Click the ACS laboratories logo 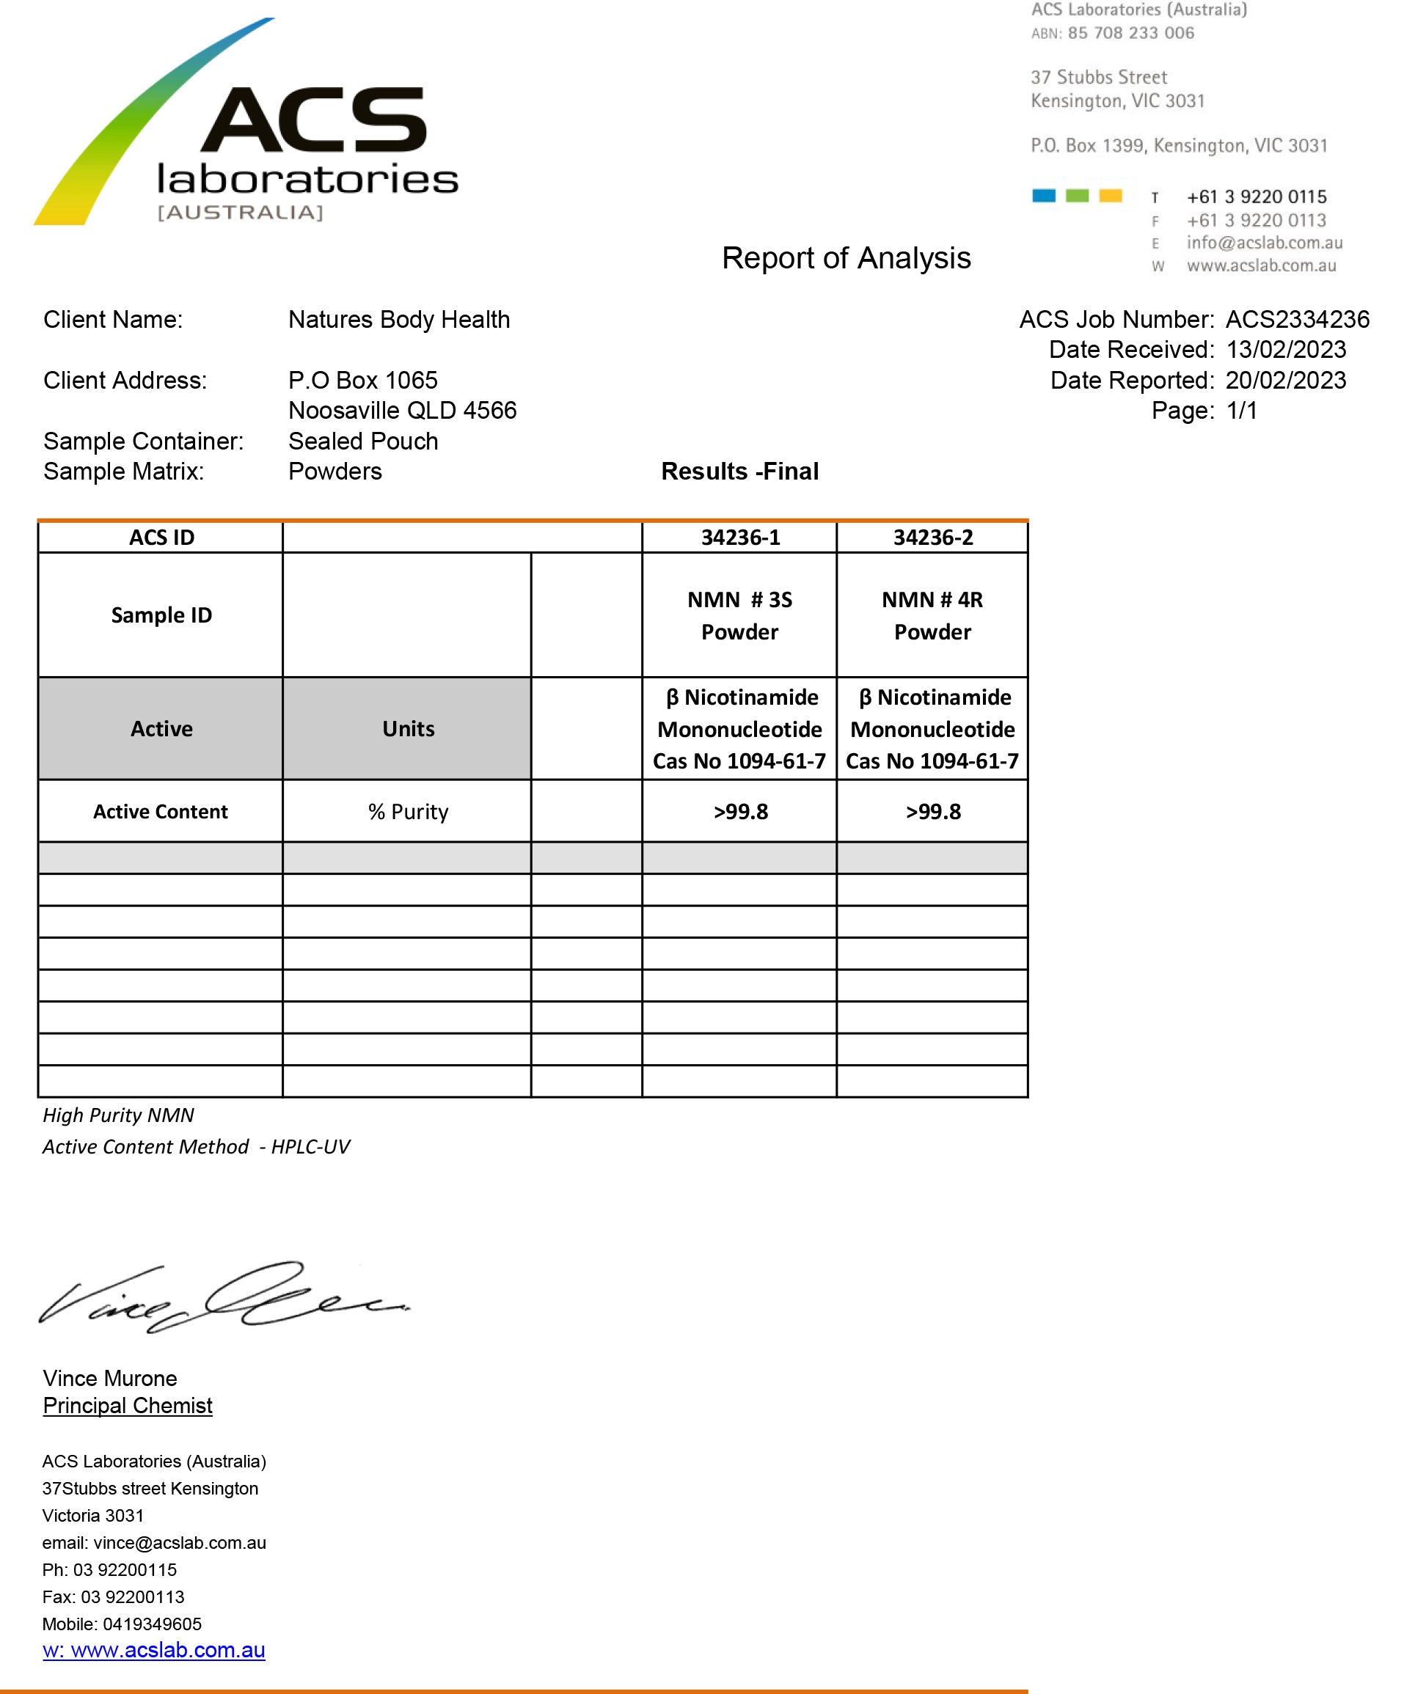coord(246,129)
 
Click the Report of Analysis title coord(846,258)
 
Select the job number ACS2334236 coord(1296,320)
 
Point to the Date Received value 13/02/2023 coord(1285,350)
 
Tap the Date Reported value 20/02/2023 coord(1285,381)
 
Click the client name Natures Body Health coord(398,320)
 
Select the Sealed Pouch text coord(363,441)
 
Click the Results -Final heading coord(739,471)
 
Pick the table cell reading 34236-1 coord(739,538)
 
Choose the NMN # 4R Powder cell coord(932,615)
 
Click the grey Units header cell coord(407,728)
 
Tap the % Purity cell coord(407,812)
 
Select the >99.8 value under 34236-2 coord(932,812)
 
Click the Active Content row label coord(161,812)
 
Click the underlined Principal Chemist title coord(128,1406)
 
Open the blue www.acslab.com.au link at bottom coord(154,1651)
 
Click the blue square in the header coord(1043,196)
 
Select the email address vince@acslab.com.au coord(179,1543)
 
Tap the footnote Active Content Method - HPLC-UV coord(196,1147)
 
